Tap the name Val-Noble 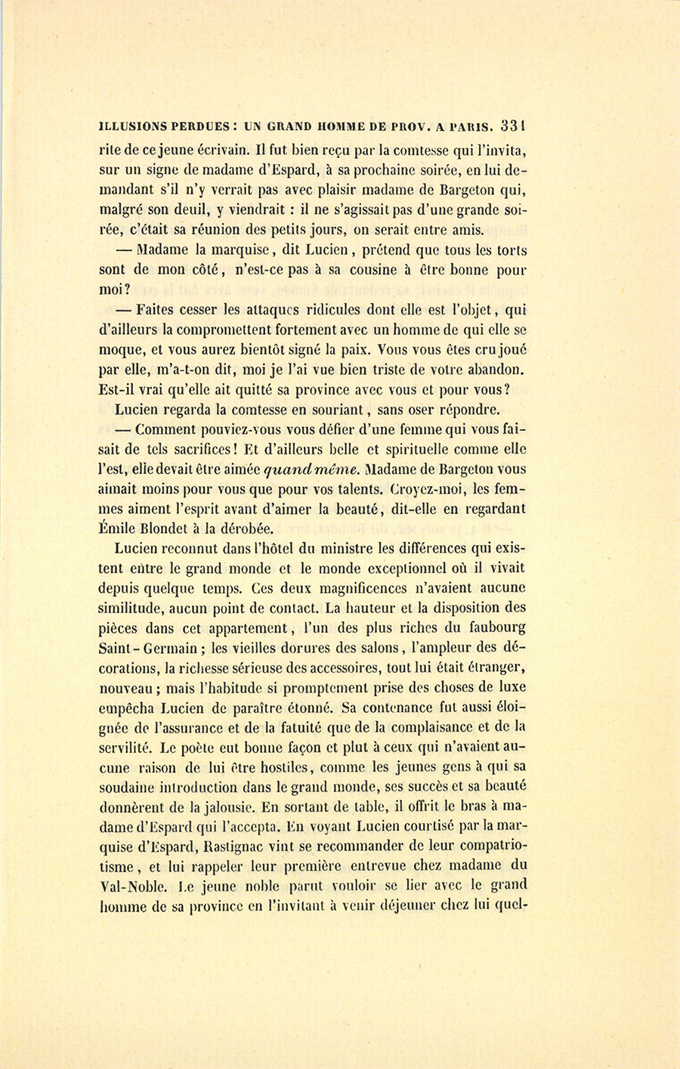(x=128, y=885)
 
